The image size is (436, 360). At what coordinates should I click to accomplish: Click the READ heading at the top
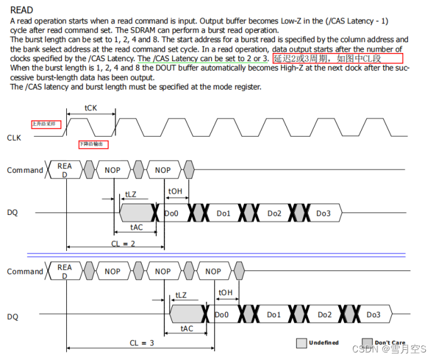(x=22, y=10)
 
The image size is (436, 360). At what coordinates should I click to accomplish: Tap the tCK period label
(x=91, y=108)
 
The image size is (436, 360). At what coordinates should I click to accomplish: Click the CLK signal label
(x=14, y=137)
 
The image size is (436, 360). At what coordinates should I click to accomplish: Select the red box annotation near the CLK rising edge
(x=47, y=124)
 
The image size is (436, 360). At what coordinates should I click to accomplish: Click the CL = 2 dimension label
(x=122, y=243)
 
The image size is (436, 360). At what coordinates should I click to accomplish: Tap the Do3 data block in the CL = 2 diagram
(x=323, y=214)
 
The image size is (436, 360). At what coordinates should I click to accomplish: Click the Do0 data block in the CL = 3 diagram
(x=222, y=315)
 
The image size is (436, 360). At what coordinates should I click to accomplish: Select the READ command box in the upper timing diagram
(x=64, y=170)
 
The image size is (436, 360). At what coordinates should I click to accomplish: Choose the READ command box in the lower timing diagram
(x=64, y=271)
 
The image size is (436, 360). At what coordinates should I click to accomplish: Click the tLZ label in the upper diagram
(x=130, y=195)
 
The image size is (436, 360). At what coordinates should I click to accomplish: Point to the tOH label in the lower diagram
(x=225, y=293)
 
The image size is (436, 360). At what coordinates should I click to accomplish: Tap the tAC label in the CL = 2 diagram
(x=135, y=226)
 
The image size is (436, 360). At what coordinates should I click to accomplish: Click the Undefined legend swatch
(x=302, y=343)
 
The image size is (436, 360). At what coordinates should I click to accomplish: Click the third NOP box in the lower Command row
(x=213, y=272)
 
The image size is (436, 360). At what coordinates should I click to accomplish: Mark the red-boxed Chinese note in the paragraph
(x=337, y=59)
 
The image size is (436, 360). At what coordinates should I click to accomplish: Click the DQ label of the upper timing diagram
(x=13, y=213)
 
